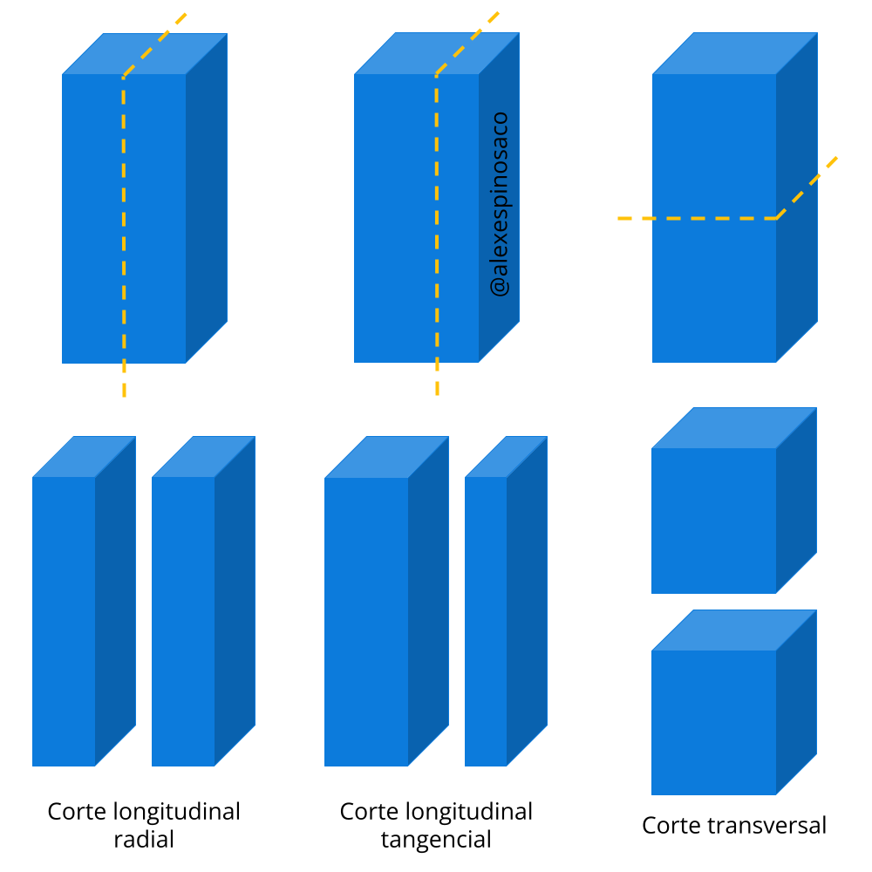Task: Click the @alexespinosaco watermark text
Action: tap(500, 204)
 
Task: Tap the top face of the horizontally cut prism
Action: tap(734, 53)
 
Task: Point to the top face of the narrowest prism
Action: tap(506, 456)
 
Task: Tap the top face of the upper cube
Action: tap(734, 428)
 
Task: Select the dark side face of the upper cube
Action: tap(796, 501)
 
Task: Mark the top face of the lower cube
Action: tap(734, 630)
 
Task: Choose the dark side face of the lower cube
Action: tap(796, 703)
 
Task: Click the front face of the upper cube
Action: tap(713, 521)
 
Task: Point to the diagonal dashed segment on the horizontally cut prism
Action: tap(808, 187)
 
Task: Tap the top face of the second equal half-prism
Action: tap(203, 456)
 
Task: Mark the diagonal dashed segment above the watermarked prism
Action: tap(468, 43)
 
